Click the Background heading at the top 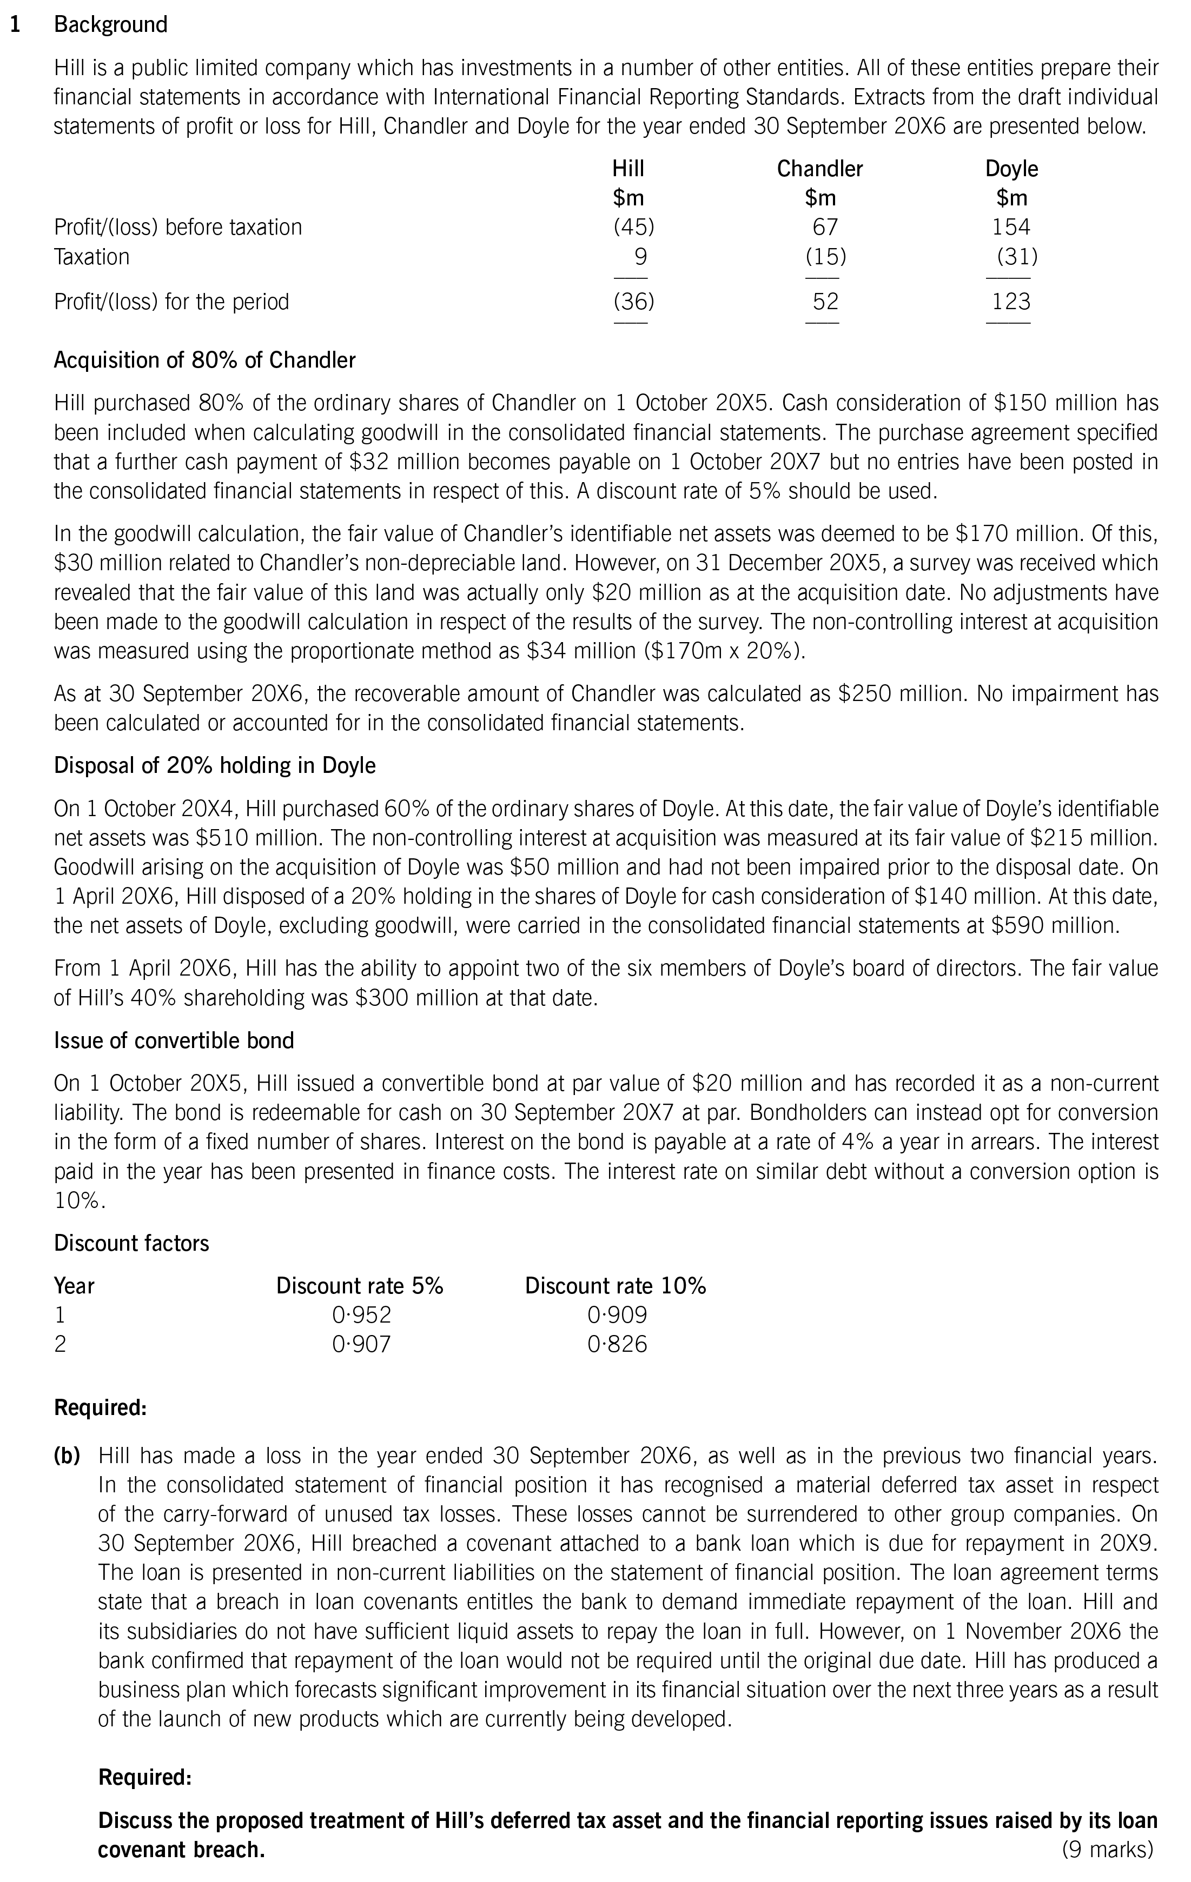pos(110,25)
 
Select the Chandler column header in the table pos(819,169)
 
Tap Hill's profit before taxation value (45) pos(633,228)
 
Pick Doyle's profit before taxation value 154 pos(1010,228)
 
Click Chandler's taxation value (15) pos(826,257)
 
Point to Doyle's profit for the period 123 pos(1010,302)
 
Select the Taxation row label pos(91,257)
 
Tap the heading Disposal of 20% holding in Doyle pos(214,765)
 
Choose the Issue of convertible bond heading pos(174,1041)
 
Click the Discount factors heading pos(131,1244)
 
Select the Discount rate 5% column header pos(360,1286)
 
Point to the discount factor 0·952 pos(361,1316)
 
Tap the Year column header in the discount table pos(74,1286)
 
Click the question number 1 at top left pos(14,25)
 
